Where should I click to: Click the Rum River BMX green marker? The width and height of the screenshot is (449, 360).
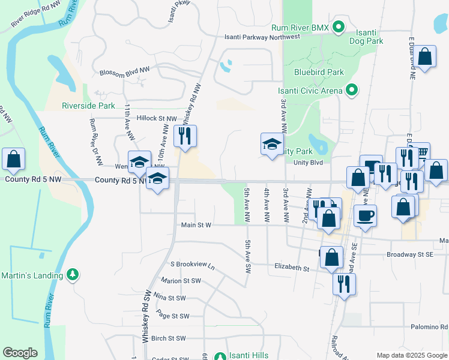[x=339, y=28]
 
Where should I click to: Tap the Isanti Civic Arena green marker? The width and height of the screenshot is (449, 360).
[x=352, y=91]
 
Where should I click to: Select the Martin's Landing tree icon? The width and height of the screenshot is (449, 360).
[x=73, y=275]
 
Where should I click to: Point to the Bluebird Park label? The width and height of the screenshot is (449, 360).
[x=319, y=72]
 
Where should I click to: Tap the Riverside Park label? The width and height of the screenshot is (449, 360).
[x=88, y=106]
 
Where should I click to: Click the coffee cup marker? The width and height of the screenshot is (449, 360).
[x=364, y=215]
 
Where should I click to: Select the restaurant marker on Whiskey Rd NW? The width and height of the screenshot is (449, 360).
[x=185, y=136]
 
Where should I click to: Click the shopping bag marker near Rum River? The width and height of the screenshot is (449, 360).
[x=14, y=160]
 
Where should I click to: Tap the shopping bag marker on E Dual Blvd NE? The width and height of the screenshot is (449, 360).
[x=425, y=58]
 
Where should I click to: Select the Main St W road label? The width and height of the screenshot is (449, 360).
[x=196, y=225]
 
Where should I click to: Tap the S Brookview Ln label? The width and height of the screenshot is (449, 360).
[x=192, y=264]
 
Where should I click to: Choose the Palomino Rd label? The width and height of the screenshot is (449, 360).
[x=435, y=328]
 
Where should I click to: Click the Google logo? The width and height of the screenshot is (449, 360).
[x=20, y=353]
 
